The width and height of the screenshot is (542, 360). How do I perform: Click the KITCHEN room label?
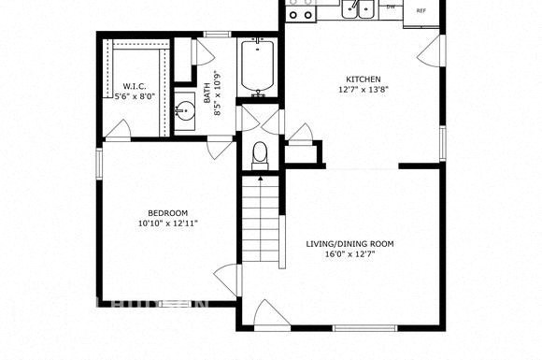[364, 79]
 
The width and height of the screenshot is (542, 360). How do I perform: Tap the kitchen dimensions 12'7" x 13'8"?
[364, 91]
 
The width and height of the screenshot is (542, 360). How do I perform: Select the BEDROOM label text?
[167, 212]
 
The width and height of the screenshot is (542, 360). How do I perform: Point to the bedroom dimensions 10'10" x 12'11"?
[167, 223]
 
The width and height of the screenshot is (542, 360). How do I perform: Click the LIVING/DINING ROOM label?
[350, 244]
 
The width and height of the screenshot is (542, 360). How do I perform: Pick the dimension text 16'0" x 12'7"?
[350, 255]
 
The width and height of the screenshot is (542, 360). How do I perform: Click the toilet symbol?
[261, 155]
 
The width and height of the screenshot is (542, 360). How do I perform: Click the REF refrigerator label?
[421, 10]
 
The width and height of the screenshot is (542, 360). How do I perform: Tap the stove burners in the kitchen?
[301, 11]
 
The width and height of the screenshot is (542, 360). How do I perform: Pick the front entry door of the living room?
[267, 314]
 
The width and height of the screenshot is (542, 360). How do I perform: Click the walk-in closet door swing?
[118, 130]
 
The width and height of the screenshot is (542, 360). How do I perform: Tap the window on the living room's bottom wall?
[369, 327]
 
